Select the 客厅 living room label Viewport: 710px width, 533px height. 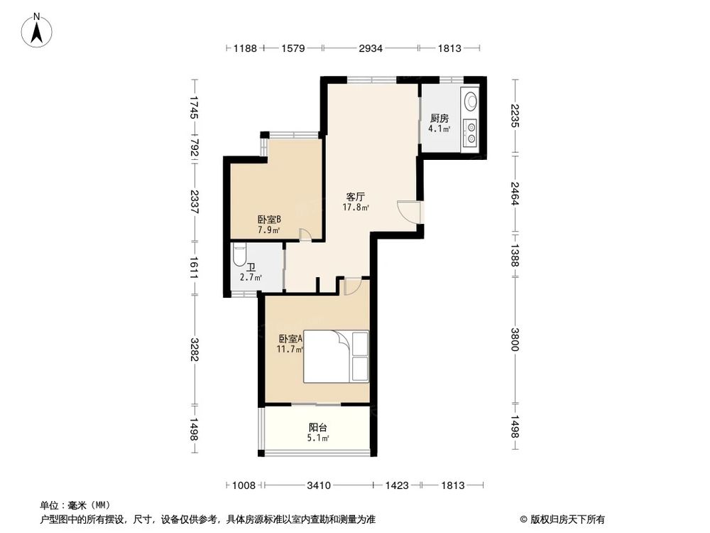click(x=356, y=196)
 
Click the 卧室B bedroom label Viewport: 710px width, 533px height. click(x=269, y=220)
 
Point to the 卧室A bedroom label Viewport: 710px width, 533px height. click(x=290, y=339)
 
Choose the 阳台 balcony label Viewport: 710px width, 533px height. click(x=317, y=428)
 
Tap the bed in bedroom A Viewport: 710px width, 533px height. click(x=337, y=357)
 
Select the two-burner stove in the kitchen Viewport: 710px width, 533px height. click(x=470, y=133)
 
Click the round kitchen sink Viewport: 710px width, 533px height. click(x=470, y=102)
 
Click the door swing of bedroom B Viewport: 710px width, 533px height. click(x=304, y=236)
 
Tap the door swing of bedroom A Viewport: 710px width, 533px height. click(x=352, y=286)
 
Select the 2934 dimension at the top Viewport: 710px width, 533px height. click(x=370, y=48)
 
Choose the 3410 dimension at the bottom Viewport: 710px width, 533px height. click(x=319, y=485)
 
